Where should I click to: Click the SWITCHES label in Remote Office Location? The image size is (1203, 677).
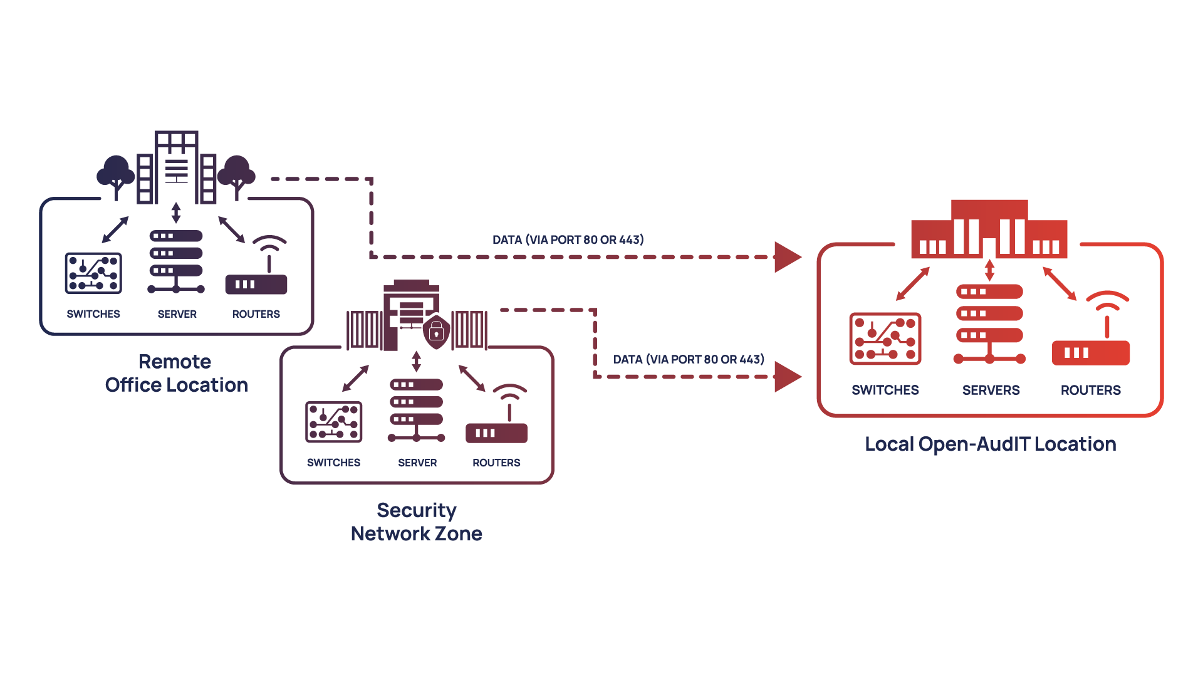[93, 313]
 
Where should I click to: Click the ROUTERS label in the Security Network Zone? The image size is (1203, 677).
[496, 463]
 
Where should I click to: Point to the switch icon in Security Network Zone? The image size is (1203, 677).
[334, 422]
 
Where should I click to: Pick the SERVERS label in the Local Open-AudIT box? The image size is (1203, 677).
[991, 390]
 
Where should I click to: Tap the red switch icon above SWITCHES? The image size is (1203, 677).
[885, 338]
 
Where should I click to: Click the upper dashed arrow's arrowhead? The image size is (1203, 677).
[787, 257]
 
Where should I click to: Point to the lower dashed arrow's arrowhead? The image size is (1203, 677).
[787, 377]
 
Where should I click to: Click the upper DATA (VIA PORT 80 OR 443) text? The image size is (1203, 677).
[568, 239]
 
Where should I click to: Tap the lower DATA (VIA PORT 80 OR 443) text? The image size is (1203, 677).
[689, 359]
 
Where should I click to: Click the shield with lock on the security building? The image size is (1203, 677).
[436, 332]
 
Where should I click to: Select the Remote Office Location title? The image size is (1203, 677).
[176, 373]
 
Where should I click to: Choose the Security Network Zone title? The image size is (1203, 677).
[417, 522]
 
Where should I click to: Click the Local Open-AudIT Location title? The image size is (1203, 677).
[990, 444]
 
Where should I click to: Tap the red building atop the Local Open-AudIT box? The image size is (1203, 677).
[989, 229]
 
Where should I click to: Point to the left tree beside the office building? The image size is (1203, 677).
[116, 174]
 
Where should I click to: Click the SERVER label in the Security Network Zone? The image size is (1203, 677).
[417, 463]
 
